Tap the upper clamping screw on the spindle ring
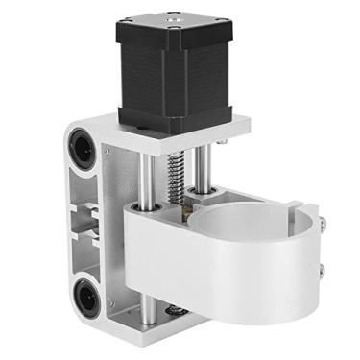(320, 225)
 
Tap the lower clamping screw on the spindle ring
(321, 272)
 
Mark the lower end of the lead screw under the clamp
(176, 309)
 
